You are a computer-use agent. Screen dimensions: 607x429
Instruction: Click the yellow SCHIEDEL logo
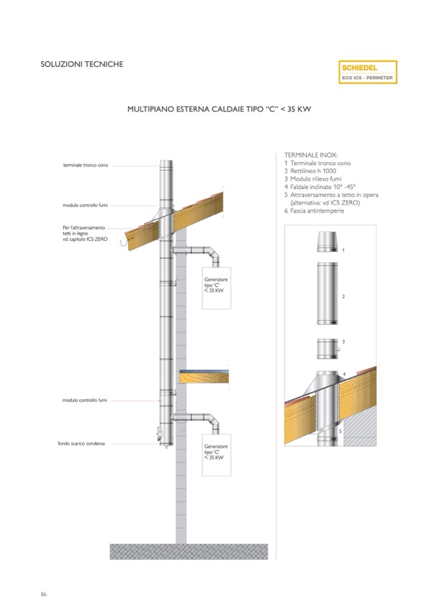pyautogui.click(x=368, y=71)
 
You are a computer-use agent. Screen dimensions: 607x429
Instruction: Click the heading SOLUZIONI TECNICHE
pyautogui.click(x=82, y=64)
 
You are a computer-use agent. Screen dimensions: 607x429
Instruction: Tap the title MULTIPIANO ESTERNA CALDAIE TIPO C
pyautogui.click(x=220, y=110)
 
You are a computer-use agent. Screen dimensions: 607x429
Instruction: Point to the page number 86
pyautogui.click(x=44, y=594)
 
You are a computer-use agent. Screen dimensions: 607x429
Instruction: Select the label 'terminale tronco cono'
pyautogui.click(x=85, y=165)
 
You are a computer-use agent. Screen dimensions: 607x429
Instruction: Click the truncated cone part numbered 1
pyautogui.click(x=327, y=242)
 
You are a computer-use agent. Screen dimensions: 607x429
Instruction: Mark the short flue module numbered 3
pyautogui.click(x=327, y=347)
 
